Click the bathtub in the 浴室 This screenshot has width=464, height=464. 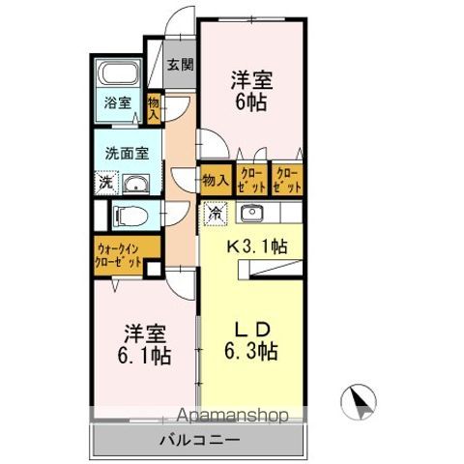(x=119, y=73)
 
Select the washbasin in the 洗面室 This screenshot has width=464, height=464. (x=135, y=185)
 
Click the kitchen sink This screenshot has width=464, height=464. (x=251, y=213)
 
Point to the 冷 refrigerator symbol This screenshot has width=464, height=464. (x=216, y=214)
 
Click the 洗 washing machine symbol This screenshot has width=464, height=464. (x=106, y=183)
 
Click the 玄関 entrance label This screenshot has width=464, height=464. (x=180, y=65)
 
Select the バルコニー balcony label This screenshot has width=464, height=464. (x=200, y=440)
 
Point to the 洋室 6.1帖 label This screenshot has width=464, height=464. (x=144, y=344)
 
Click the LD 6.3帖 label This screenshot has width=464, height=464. (x=251, y=340)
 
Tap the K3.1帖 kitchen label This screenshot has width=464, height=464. (x=257, y=246)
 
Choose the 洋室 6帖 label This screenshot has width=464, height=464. (x=251, y=91)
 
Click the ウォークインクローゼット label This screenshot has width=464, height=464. (x=119, y=255)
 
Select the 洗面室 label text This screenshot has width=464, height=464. (x=127, y=154)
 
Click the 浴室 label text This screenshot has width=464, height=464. (x=117, y=102)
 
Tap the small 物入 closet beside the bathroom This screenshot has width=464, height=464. (x=154, y=108)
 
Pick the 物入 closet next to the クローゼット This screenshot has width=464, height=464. (x=216, y=180)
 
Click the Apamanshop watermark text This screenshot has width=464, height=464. (x=232, y=416)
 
